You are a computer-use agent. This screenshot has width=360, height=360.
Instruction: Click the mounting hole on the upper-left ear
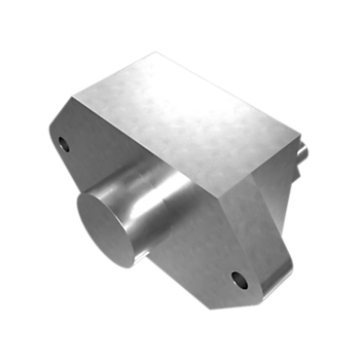[65, 145]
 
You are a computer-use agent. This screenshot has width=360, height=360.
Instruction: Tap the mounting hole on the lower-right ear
[238, 281]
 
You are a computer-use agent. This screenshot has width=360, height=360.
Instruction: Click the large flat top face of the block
[185, 117]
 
